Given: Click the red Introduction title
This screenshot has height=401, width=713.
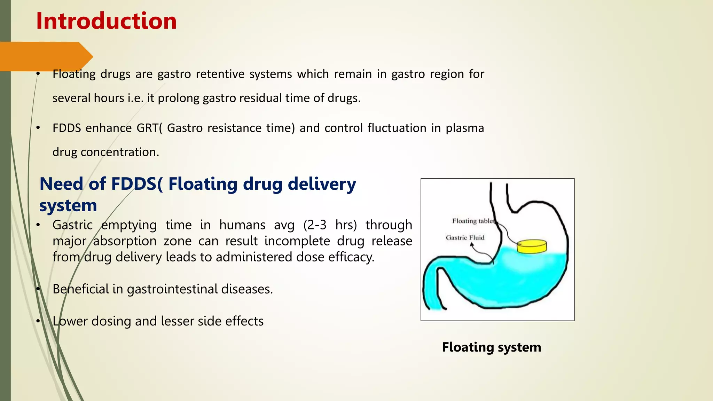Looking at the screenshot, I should pyautogui.click(x=106, y=21).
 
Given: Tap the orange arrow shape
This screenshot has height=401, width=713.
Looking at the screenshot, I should pyautogui.click(x=45, y=56).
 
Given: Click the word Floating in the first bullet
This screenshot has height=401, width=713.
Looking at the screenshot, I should pyautogui.click(x=74, y=74).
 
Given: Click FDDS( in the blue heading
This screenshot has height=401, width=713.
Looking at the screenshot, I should pyautogui.click(x=136, y=184).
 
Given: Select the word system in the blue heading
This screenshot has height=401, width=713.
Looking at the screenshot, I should pyautogui.click(x=68, y=205).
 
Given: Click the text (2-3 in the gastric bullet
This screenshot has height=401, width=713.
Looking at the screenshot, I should pyautogui.click(x=315, y=225).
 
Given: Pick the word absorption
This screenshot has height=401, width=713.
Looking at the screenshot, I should pyautogui.click(x=125, y=241).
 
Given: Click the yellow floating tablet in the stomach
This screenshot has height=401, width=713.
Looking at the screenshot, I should pyautogui.click(x=532, y=246).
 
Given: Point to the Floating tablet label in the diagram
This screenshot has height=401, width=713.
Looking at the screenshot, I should pyautogui.click(x=473, y=221).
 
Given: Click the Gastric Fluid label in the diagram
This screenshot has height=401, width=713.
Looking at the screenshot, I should pyautogui.click(x=465, y=237).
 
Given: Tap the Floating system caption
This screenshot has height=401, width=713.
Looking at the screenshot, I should pyautogui.click(x=492, y=347).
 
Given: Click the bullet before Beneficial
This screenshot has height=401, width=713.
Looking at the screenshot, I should pyautogui.click(x=38, y=289).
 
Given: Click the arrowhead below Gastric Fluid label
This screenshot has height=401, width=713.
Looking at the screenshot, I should pyautogui.click(x=472, y=244).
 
